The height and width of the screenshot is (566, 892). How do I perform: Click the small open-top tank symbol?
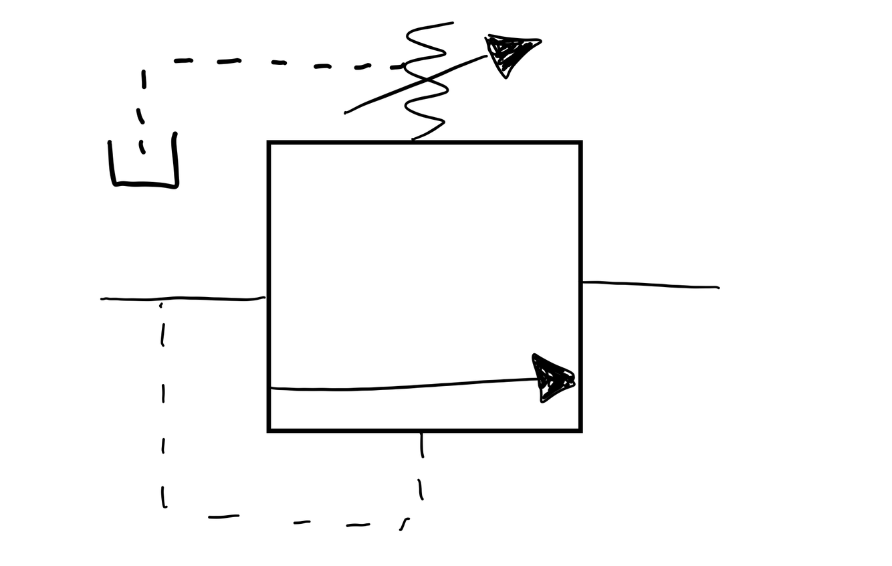pyautogui.click(x=143, y=164)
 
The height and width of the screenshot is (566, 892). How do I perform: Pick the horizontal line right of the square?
pyautogui.click(x=649, y=285)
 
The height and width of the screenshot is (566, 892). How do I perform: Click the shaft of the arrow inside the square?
pyautogui.click(x=401, y=386)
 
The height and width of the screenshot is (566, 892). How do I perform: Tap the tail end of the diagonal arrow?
pyautogui.click(x=346, y=112)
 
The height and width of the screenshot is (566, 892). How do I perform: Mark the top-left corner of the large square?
pyautogui.click(x=269, y=143)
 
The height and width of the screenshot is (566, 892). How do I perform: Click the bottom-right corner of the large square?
pyautogui.click(x=580, y=430)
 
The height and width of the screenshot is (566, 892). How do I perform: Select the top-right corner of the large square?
pyautogui.click(x=580, y=143)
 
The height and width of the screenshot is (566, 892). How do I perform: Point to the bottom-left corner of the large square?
pyautogui.click(x=269, y=430)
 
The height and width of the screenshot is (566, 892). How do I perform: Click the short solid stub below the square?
pyautogui.click(x=421, y=445)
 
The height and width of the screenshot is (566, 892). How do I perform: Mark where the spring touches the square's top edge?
pyautogui.click(x=413, y=140)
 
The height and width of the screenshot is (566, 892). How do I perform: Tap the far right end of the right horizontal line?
pyautogui.click(x=717, y=288)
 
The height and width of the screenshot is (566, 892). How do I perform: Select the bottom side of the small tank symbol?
pyautogui.click(x=144, y=185)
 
